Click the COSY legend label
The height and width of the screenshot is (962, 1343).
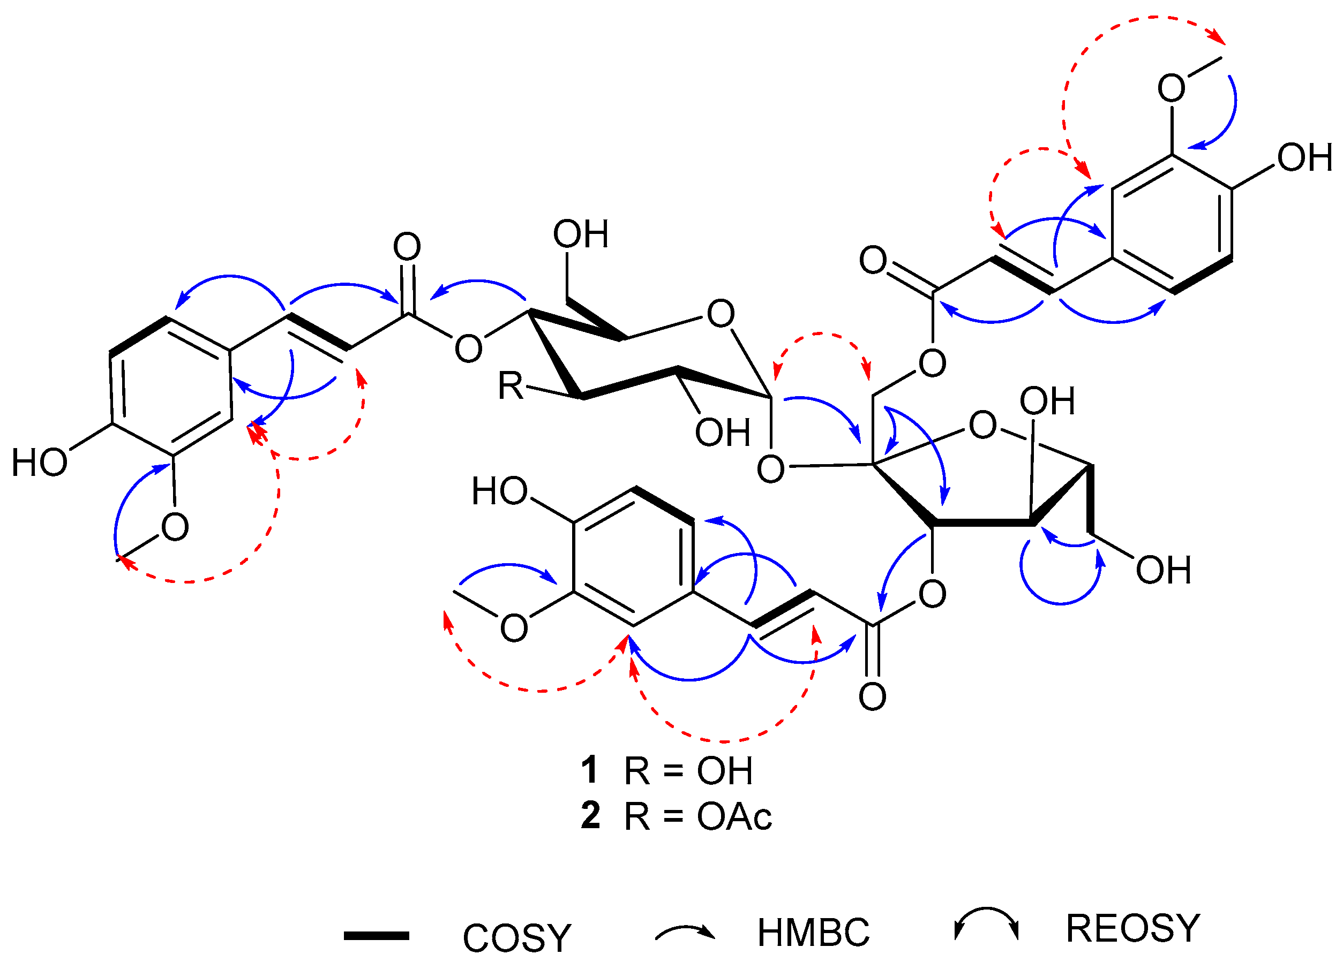[x=517, y=938]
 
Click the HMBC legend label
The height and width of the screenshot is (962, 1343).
[x=814, y=933]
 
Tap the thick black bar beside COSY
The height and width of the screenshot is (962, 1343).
[x=377, y=936]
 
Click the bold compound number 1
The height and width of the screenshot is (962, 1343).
[x=589, y=770]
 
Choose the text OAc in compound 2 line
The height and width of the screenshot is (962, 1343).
[x=734, y=817]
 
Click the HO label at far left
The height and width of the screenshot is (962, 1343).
[x=40, y=463]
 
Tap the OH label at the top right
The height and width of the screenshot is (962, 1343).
[x=1304, y=158]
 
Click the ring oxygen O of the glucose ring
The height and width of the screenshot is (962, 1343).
[x=721, y=314]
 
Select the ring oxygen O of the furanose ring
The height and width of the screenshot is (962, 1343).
[x=982, y=426]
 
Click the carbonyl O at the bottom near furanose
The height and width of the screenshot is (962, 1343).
[x=872, y=697]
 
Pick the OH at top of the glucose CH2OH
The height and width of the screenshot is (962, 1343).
[x=580, y=234]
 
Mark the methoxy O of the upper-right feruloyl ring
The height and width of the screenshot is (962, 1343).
[x=1171, y=88]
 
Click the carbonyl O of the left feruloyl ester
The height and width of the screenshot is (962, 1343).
[x=407, y=247]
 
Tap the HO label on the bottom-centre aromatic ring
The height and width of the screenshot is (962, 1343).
[x=499, y=491]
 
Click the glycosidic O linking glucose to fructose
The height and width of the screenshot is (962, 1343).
[x=770, y=470]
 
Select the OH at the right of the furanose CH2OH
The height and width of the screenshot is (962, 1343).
[x=1163, y=570]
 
